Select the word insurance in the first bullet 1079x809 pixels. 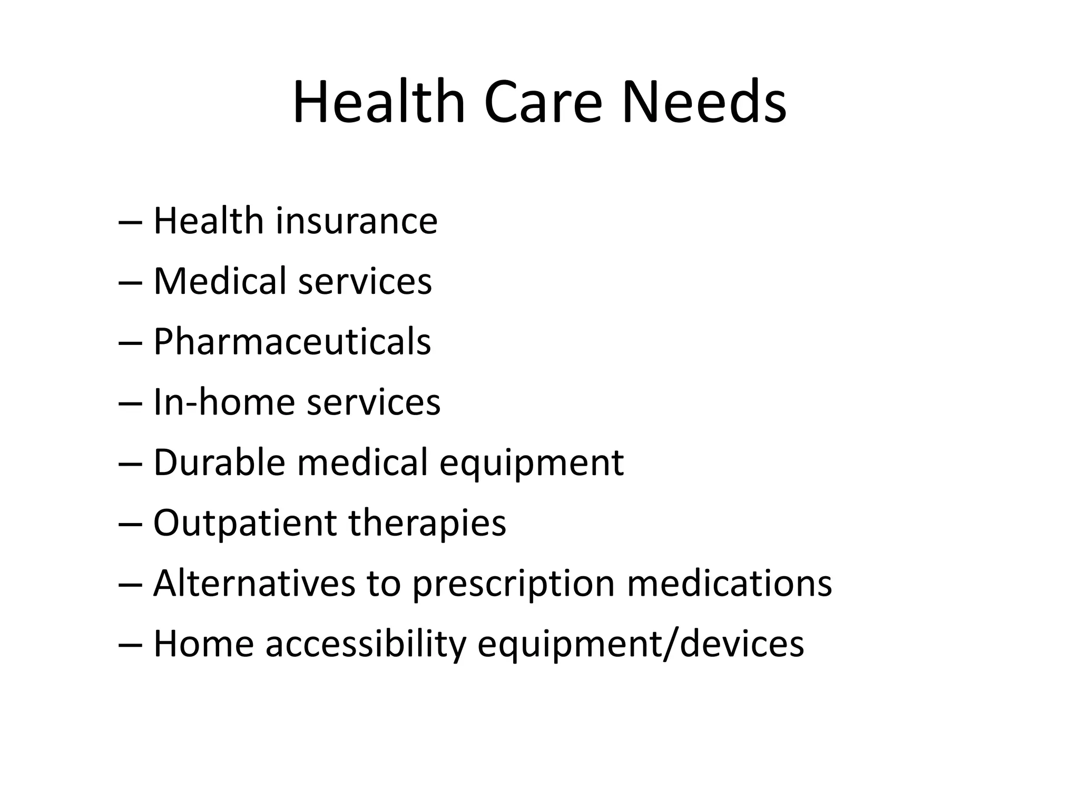point(356,221)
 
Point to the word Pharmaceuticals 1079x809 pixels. point(292,342)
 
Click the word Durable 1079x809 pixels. point(219,463)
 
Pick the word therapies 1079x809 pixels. point(427,524)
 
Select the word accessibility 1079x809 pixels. point(366,645)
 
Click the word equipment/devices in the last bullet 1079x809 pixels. point(640,645)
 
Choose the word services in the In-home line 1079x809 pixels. point(373,402)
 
